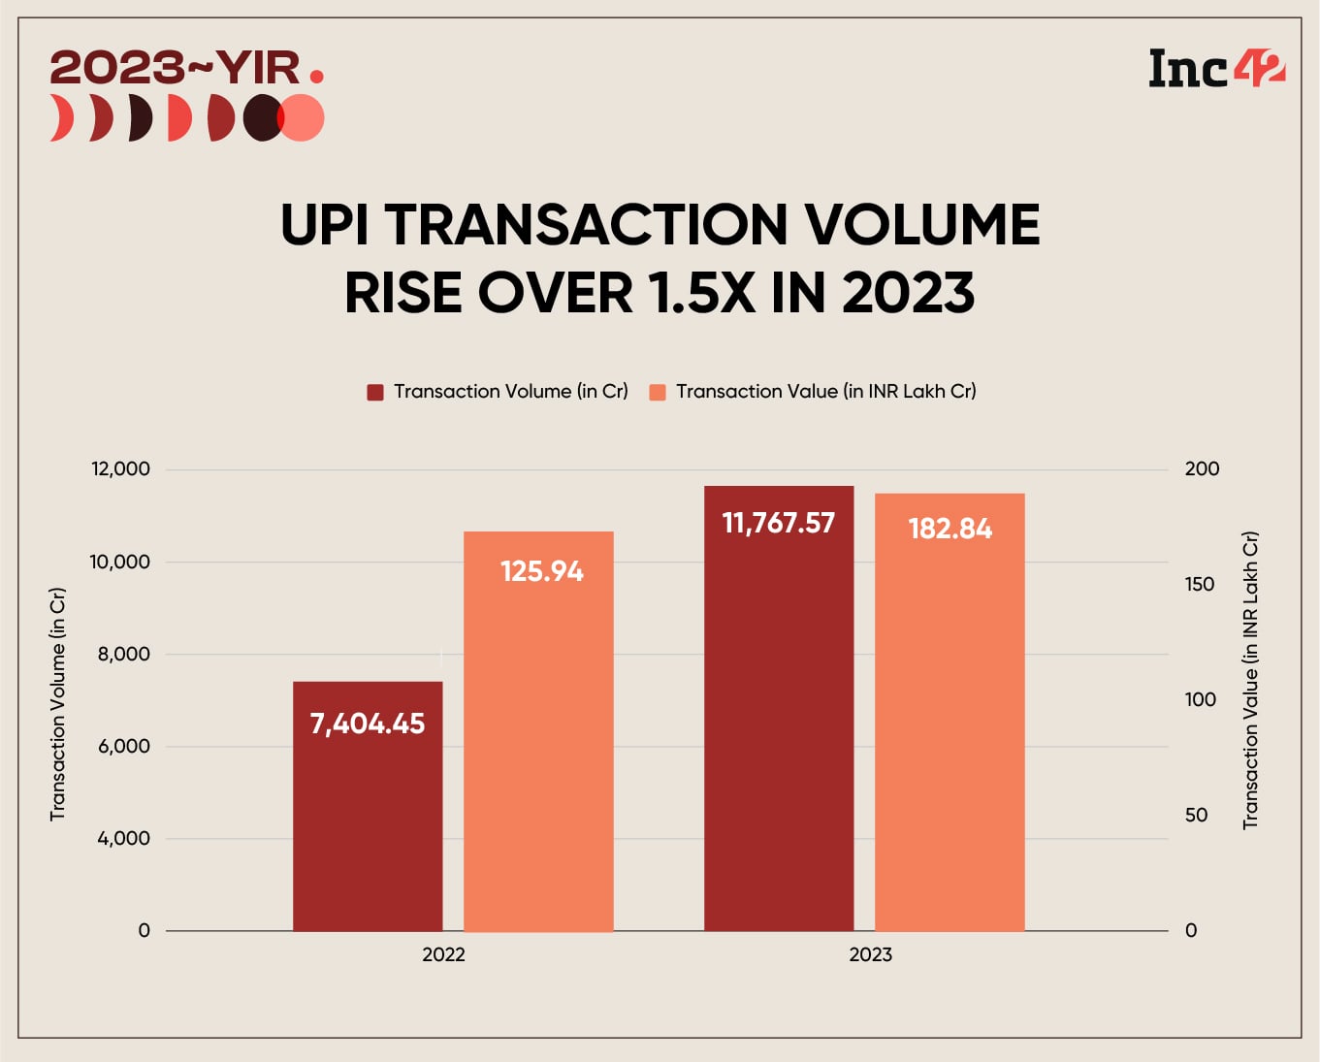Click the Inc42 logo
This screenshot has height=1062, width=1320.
(x=1216, y=69)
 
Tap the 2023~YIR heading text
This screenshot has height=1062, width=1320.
(x=175, y=68)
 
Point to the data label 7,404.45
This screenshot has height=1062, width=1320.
(x=368, y=724)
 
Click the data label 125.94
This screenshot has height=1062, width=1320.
(x=541, y=571)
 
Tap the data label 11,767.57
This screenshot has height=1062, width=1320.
(x=778, y=524)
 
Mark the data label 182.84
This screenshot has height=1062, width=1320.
(x=950, y=529)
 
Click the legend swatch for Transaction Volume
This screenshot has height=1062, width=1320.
(x=375, y=392)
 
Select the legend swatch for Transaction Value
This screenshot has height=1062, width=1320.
(x=658, y=392)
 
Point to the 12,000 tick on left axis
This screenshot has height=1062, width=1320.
(x=120, y=469)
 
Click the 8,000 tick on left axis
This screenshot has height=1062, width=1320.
(x=123, y=654)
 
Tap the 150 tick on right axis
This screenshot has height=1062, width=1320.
(x=1200, y=584)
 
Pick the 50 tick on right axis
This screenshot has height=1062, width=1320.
(x=1196, y=815)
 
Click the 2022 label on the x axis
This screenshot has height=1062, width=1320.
(x=443, y=954)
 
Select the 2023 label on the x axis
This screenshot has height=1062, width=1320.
(x=870, y=954)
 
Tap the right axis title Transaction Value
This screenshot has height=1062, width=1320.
(x=1250, y=679)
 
